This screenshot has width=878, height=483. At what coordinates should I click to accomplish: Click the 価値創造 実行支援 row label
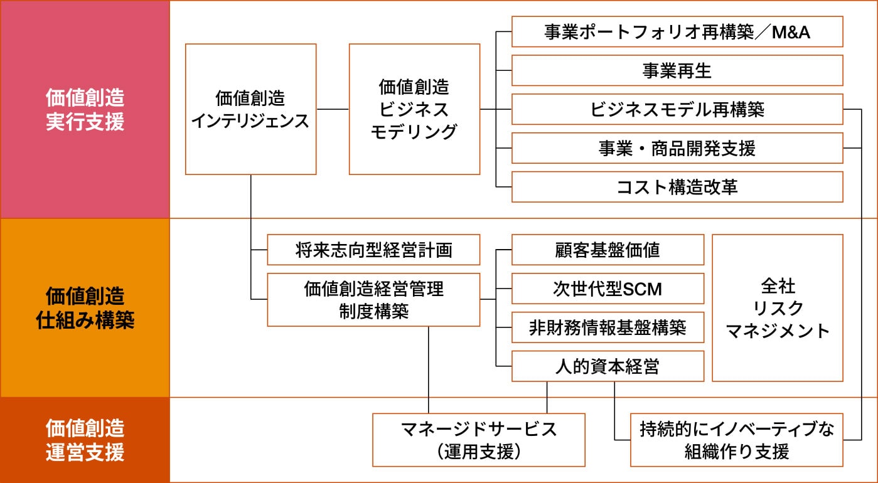85,109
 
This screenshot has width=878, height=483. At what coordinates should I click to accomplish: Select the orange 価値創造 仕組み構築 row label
85,308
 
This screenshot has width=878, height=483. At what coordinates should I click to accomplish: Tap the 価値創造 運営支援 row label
85,440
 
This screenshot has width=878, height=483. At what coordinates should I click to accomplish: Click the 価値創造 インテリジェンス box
250,109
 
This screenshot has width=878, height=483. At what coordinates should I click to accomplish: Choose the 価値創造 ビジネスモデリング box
414,109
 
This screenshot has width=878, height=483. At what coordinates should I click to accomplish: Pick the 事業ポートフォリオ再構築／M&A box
677,32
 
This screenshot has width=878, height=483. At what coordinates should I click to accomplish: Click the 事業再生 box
677,71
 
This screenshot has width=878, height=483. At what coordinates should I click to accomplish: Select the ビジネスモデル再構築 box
677,109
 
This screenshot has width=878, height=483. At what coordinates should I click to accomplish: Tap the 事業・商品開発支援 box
677,148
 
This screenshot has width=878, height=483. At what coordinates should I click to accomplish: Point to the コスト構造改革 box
677,187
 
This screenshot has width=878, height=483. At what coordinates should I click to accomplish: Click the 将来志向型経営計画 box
373,250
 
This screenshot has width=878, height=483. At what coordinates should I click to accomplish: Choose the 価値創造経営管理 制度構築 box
373,299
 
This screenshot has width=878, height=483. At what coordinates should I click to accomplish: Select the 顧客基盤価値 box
608,250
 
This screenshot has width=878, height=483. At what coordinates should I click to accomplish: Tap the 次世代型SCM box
608,289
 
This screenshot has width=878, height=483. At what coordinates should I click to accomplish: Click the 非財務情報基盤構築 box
608,327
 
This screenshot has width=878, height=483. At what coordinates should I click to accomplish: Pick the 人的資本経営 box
608,366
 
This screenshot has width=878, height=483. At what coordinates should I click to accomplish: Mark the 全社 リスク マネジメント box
777,308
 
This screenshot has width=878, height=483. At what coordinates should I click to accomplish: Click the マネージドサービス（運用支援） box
478,440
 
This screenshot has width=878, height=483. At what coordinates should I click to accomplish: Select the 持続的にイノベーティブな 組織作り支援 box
737,440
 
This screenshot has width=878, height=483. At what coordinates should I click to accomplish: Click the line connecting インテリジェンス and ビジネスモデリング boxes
333,109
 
